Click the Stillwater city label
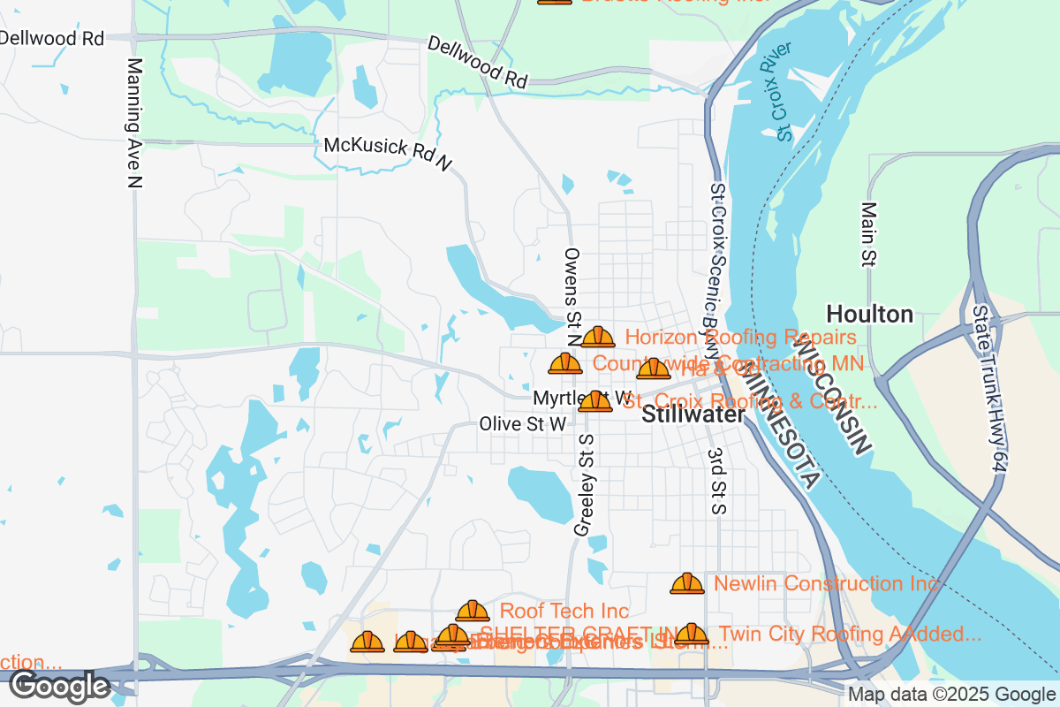[693, 414]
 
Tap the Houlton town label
[869, 314]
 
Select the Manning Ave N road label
[134, 123]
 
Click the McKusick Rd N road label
[388, 153]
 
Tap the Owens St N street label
[572, 296]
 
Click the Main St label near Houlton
[868, 234]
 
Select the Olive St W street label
[522, 424]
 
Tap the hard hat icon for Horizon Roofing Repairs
[598, 337]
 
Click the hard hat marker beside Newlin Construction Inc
[687, 583]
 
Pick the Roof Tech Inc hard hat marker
[473, 611]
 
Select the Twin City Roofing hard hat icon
[692, 634]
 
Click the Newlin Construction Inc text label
[826, 583]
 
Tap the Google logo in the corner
[59, 686]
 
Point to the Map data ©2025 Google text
[952, 695]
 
